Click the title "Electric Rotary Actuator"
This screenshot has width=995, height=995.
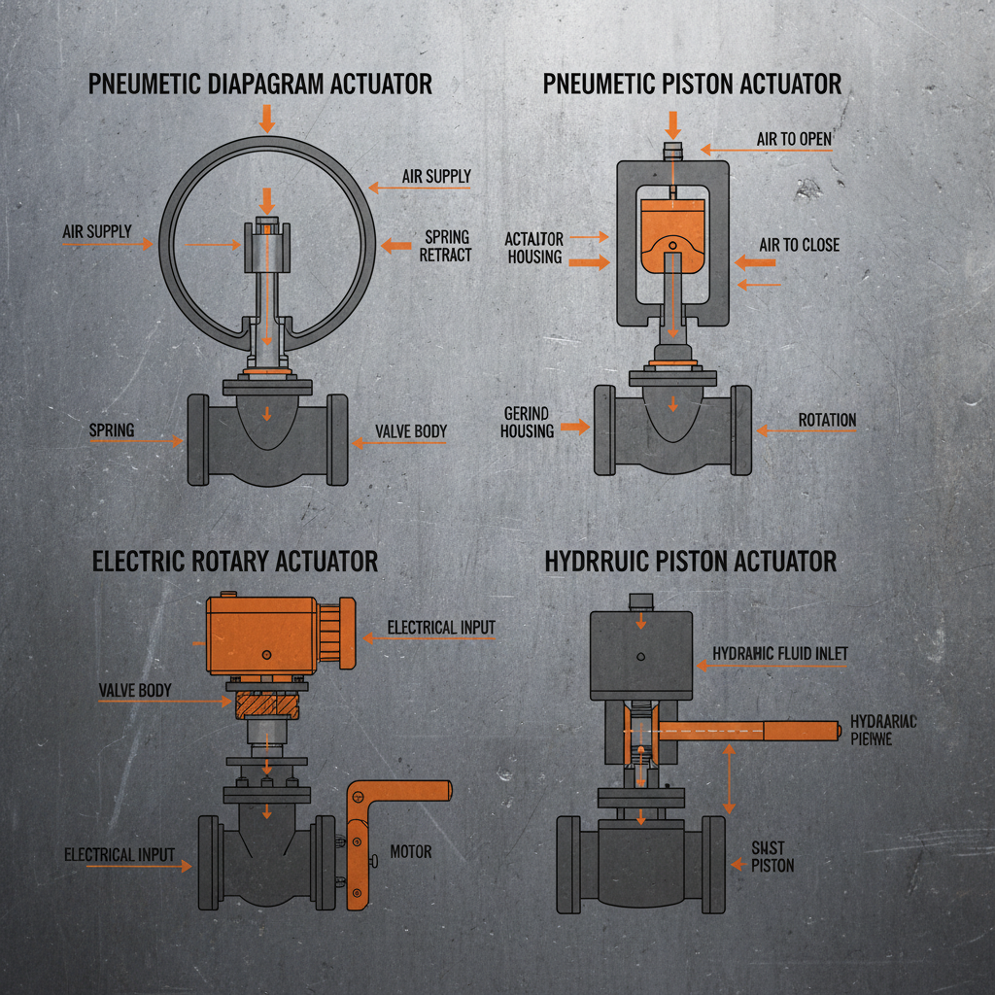234,562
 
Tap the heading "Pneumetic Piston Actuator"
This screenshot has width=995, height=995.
692,85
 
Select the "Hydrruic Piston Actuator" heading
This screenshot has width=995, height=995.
690,562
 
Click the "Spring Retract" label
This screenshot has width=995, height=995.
445,246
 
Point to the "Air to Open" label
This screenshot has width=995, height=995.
794,139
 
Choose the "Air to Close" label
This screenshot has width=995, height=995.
799,245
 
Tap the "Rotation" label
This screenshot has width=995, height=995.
827,421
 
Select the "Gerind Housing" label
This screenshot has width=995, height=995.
527,422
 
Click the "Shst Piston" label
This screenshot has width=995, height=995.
773,856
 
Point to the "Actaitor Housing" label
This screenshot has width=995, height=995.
533,248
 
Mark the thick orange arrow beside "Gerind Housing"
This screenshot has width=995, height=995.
575,426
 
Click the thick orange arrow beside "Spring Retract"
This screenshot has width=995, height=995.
396,246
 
